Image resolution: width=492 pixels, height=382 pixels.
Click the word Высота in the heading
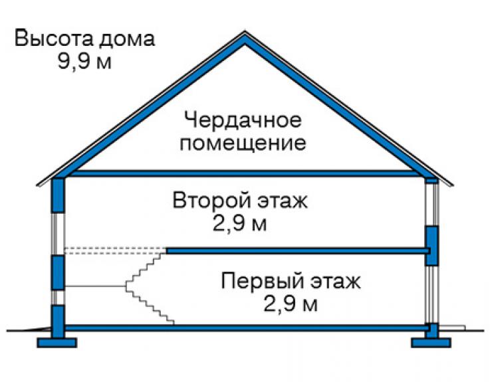54,39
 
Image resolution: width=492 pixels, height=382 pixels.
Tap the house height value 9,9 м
84,61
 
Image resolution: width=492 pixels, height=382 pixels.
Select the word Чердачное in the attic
243,120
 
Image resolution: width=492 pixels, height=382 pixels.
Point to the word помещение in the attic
243,143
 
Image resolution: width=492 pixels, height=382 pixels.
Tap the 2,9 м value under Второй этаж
240,223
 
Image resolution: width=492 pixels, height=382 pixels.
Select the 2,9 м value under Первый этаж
291,304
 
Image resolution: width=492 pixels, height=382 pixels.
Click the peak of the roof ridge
245,31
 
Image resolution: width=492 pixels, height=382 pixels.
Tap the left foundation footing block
57,343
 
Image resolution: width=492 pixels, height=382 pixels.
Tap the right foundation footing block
431,343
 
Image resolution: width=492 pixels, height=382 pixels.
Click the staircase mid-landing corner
126,286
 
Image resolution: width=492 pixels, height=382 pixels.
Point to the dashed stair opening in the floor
115,250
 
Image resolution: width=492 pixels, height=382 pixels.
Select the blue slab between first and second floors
298,250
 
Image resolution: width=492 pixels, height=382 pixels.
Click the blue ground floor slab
247,328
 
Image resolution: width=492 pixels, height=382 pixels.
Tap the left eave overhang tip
37,185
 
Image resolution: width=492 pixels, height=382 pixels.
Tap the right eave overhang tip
453,185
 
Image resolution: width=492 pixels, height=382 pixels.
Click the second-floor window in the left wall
58,234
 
